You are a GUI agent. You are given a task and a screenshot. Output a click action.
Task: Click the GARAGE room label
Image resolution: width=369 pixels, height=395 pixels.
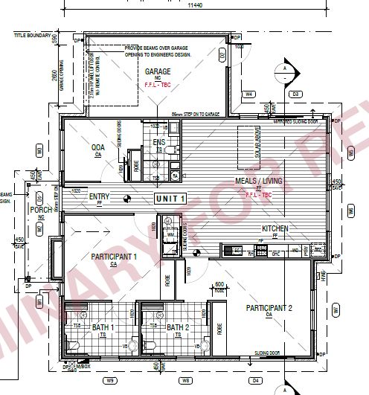click(158, 72)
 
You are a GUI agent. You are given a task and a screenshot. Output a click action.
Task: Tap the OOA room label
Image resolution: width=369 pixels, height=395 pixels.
click(98, 148)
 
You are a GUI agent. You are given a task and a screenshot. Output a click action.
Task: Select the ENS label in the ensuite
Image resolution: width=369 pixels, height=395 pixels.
click(159, 141)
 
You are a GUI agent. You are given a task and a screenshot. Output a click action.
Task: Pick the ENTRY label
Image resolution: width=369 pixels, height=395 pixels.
click(100, 197)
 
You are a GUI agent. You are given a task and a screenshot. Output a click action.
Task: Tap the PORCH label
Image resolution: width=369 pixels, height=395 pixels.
click(39, 211)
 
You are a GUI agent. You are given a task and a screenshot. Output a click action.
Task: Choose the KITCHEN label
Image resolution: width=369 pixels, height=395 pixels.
click(275, 229)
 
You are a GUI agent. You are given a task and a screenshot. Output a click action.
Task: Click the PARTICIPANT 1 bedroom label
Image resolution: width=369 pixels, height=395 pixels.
click(114, 257)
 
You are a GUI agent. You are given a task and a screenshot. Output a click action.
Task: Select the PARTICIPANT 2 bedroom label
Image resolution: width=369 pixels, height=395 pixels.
click(264, 307)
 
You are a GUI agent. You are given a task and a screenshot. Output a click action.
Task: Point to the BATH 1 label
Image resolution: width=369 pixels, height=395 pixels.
click(103, 327)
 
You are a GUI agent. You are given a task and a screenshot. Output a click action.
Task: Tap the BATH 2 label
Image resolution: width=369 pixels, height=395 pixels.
click(179, 327)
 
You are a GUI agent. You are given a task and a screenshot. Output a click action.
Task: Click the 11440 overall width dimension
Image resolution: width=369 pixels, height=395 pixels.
click(195, 6)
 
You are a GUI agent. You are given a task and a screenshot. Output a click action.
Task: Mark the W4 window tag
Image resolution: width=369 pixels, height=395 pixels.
click(250, 94)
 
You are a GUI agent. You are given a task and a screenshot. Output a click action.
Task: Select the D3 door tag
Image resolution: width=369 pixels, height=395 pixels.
click(295, 94)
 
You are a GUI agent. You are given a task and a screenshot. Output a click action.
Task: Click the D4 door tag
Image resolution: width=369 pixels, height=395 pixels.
click(257, 382)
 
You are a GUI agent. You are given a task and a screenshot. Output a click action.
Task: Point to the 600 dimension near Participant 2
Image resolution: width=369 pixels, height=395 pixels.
click(219, 284)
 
